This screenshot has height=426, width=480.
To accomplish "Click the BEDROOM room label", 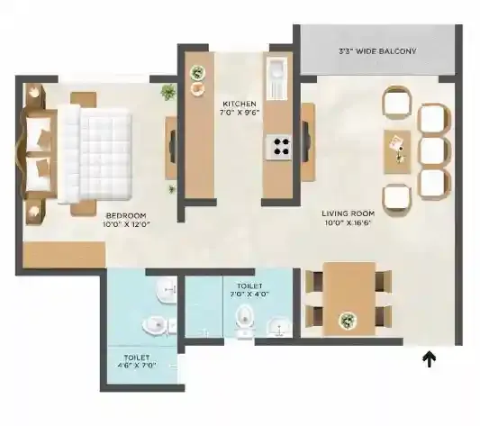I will (125, 216).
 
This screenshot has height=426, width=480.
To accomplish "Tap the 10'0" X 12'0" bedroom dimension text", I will (125, 225).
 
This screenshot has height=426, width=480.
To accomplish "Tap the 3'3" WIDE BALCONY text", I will (377, 51).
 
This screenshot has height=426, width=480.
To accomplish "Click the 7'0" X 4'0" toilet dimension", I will (250, 293).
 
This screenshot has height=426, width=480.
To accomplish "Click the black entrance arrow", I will (430, 360).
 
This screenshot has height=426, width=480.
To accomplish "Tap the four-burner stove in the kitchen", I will (278, 147).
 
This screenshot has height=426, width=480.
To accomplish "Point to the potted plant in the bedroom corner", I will (168, 91).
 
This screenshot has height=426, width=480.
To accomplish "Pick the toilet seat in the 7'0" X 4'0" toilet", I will (242, 318).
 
